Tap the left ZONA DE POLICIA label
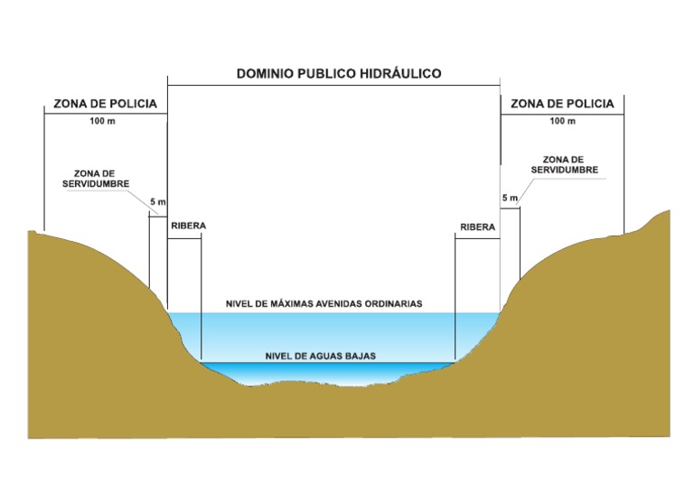tap(105, 104)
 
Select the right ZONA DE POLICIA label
tap(562, 104)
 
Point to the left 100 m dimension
tap(103, 121)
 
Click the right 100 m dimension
tap(562, 121)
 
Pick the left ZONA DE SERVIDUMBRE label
tap(100, 178)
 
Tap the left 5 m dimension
tap(157, 202)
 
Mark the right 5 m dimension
tap(510, 197)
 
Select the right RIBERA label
tap(478, 227)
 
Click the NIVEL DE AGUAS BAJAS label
tap(321, 356)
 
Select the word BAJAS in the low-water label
tap(359, 356)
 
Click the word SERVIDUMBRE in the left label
tap(100, 183)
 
